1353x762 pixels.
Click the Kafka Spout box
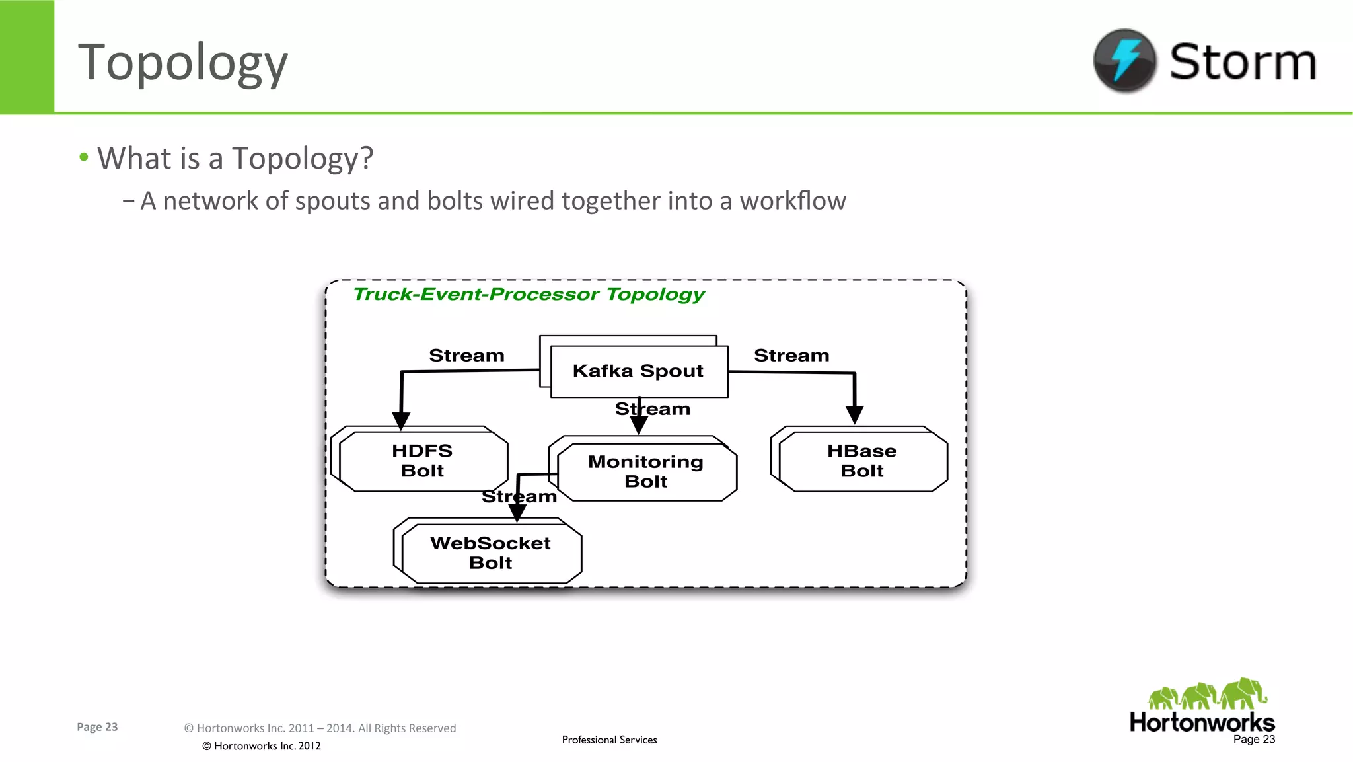click(x=639, y=371)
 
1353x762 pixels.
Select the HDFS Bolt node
click(x=423, y=461)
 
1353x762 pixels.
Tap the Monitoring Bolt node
click(x=646, y=471)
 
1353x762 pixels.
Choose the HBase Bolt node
click(x=862, y=461)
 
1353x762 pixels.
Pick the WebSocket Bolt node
click(x=491, y=552)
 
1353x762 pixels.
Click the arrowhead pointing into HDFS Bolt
click(x=401, y=420)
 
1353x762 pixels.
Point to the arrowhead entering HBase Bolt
click(x=854, y=414)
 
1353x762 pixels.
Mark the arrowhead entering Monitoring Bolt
click(x=639, y=425)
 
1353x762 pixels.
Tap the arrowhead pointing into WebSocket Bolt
click(x=517, y=513)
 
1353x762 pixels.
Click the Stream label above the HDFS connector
click(x=466, y=356)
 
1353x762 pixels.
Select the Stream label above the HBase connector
click(x=791, y=356)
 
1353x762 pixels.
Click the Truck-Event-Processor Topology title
click(x=529, y=294)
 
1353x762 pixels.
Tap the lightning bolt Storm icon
click(x=1124, y=60)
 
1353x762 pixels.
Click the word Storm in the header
click(x=1243, y=61)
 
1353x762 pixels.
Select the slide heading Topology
click(x=183, y=63)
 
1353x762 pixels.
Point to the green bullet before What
click(x=84, y=157)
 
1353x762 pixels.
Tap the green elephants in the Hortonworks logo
click(x=1206, y=695)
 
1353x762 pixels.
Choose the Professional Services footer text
click(x=609, y=740)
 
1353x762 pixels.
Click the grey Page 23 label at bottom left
click(x=97, y=727)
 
